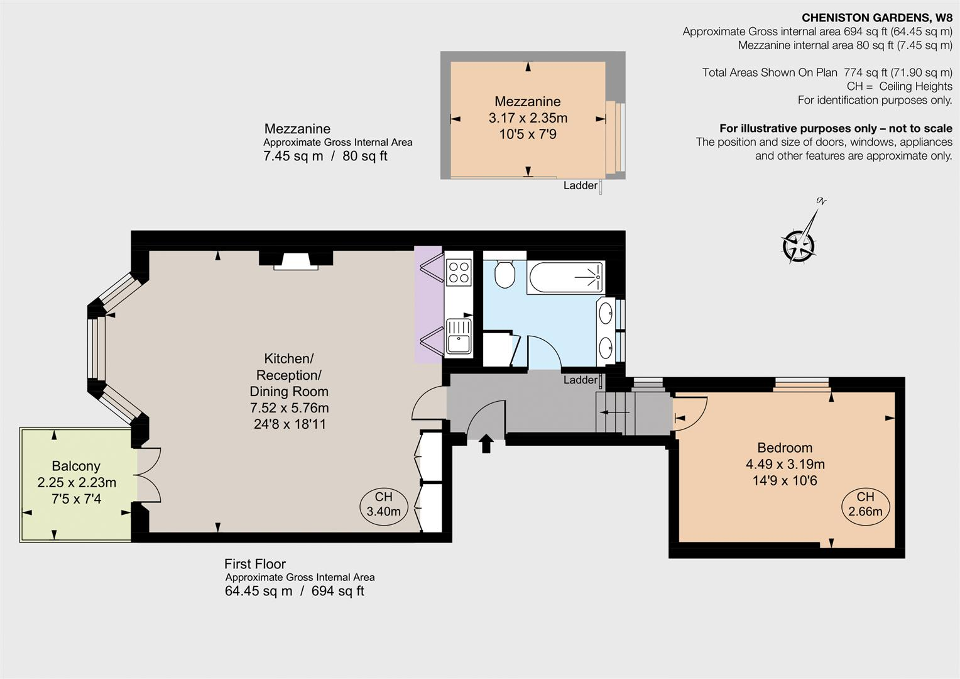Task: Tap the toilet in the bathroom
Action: point(505,275)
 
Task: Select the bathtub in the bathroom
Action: point(566,277)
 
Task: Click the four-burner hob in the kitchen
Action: point(459,272)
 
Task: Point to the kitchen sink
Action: point(459,336)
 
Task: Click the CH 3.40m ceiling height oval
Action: point(383,504)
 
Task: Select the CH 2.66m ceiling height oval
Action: point(865,504)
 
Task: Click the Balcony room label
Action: point(76,466)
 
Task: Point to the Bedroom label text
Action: point(785,448)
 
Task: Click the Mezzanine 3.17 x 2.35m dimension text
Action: point(528,118)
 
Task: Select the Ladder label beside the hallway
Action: point(580,380)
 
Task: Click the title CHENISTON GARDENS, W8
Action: point(877,18)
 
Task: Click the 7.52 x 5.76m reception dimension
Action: point(289,408)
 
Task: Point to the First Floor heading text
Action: point(255,564)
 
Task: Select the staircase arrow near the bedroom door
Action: point(614,412)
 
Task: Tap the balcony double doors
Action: point(147,475)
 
